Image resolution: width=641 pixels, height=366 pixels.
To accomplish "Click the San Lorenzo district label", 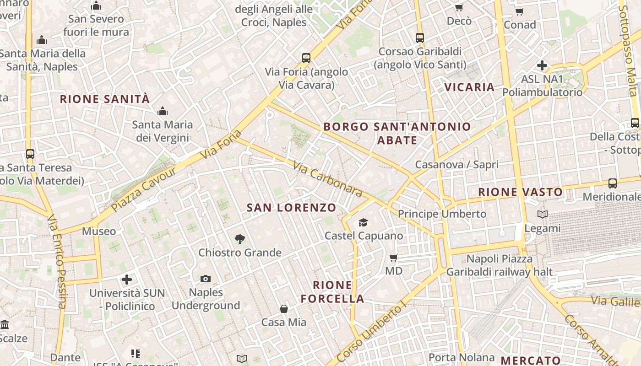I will (x=292, y=208).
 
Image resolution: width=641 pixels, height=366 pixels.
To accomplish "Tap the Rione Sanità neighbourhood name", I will (x=105, y=99).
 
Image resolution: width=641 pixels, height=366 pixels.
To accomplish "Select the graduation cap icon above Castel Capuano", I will (x=363, y=223).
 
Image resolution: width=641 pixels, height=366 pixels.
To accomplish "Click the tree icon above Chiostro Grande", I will (x=239, y=239).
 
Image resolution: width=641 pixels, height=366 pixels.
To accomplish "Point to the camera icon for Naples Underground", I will (x=206, y=279).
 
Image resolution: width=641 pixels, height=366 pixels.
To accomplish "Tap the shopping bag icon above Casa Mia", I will (x=284, y=309).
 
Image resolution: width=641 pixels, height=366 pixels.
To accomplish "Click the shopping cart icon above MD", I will (x=393, y=258).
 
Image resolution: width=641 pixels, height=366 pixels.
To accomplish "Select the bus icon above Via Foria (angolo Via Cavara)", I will (x=306, y=58).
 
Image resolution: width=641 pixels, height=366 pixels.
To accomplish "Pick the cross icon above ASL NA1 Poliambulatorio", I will (x=542, y=65).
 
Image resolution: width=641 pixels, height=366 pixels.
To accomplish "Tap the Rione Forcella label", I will (x=332, y=292).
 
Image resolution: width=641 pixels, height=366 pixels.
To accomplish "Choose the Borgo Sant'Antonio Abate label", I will (x=397, y=133).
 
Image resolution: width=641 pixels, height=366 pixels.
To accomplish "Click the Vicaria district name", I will (x=470, y=87).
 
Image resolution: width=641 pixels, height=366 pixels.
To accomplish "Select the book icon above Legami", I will (x=543, y=214).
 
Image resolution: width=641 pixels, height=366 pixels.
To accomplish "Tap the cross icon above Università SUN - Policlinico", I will (x=127, y=279).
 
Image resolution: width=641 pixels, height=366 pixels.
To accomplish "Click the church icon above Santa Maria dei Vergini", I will (x=163, y=111).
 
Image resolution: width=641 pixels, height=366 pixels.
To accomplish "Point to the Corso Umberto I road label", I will (x=371, y=333).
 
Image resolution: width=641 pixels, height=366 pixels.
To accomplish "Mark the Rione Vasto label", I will (x=520, y=192).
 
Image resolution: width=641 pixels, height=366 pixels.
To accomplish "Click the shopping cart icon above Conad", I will (x=519, y=11).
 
